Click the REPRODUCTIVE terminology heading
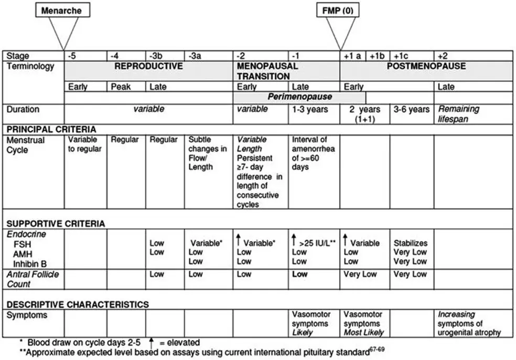(x=149, y=66)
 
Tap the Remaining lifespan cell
(x=458, y=114)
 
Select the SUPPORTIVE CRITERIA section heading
(x=56, y=224)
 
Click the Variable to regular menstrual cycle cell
(x=85, y=145)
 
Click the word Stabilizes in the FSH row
(x=411, y=243)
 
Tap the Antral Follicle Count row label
(x=33, y=279)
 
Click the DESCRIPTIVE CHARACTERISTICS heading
(x=78, y=304)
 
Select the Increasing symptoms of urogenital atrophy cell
(x=469, y=323)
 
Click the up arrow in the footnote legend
(x=150, y=342)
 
